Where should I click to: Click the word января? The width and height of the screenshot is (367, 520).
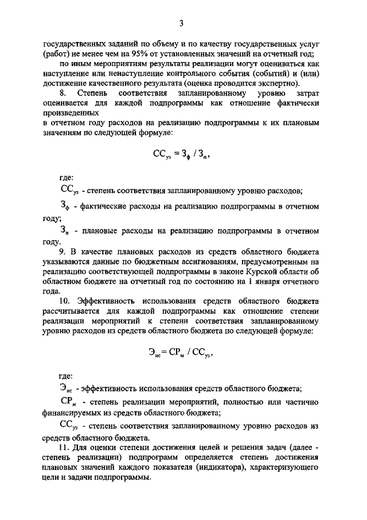coord(270,282)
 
